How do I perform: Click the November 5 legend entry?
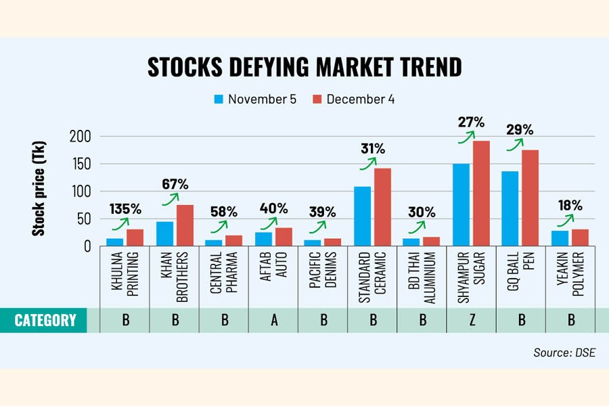pyautogui.click(x=254, y=99)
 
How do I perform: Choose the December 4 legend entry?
pyautogui.click(x=353, y=99)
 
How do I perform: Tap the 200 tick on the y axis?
pyautogui.click(x=81, y=136)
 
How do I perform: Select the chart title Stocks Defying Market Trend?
pyautogui.click(x=304, y=67)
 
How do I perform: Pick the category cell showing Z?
pyautogui.click(x=472, y=320)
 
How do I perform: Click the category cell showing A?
pyautogui.click(x=274, y=320)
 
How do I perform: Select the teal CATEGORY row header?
pyautogui.click(x=46, y=320)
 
